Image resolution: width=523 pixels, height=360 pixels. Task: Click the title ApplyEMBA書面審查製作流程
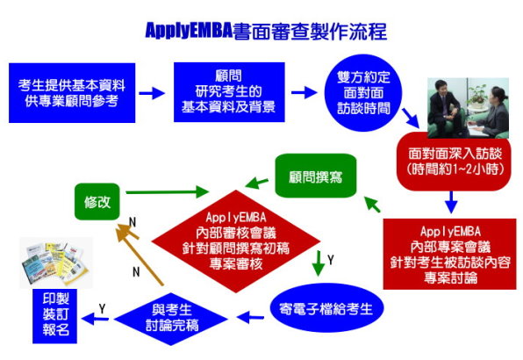pyautogui.click(x=266, y=31)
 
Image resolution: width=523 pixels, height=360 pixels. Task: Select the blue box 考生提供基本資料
pyautogui.click(x=72, y=93)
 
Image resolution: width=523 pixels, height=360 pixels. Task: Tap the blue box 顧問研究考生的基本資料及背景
pyautogui.click(x=229, y=92)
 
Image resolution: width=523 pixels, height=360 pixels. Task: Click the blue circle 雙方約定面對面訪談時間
pyautogui.click(x=363, y=93)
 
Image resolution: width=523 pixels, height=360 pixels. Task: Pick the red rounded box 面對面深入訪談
pyautogui.click(x=454, y=162)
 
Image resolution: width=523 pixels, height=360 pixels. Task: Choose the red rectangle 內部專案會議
pyautogui.click(x=449, y=254)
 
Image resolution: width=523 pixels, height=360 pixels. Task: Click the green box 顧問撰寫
pyautogui.click(x=316, y=176)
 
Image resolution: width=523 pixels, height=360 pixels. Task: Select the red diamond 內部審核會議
pyautogui.click(x=236, y=241)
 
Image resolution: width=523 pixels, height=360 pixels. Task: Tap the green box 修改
pyautogui.click(x=97, y=202)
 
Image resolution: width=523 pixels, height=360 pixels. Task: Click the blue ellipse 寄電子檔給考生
pyautogui.click(x=326, y=308)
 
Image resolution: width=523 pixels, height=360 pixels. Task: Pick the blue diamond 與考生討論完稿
pyautogui.click(x=171, y=319)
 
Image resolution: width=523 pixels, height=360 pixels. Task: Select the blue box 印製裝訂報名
pyautogui.click(x=54, y=316)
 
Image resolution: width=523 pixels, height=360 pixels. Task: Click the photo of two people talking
pyautogui.click(x=469, y=108)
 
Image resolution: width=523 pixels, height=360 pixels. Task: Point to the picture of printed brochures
pyautogui.click(x=56, y=263)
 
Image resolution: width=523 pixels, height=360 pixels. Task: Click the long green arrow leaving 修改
pyautogui.click(x=167, y=191)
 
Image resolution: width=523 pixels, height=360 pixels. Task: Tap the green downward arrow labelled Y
pyautogui.click(x=319, y=263)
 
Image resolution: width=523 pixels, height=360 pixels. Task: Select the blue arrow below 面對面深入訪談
pyautogui.click(x=451, y=202)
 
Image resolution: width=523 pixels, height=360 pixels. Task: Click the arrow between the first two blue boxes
pyautogui.click(x=152, y=93)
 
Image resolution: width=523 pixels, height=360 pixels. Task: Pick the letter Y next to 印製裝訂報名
pyautogui.click(x=102, y=308)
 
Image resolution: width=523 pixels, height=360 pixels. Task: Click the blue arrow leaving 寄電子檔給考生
pyautogui.click(x=250, y=317)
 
